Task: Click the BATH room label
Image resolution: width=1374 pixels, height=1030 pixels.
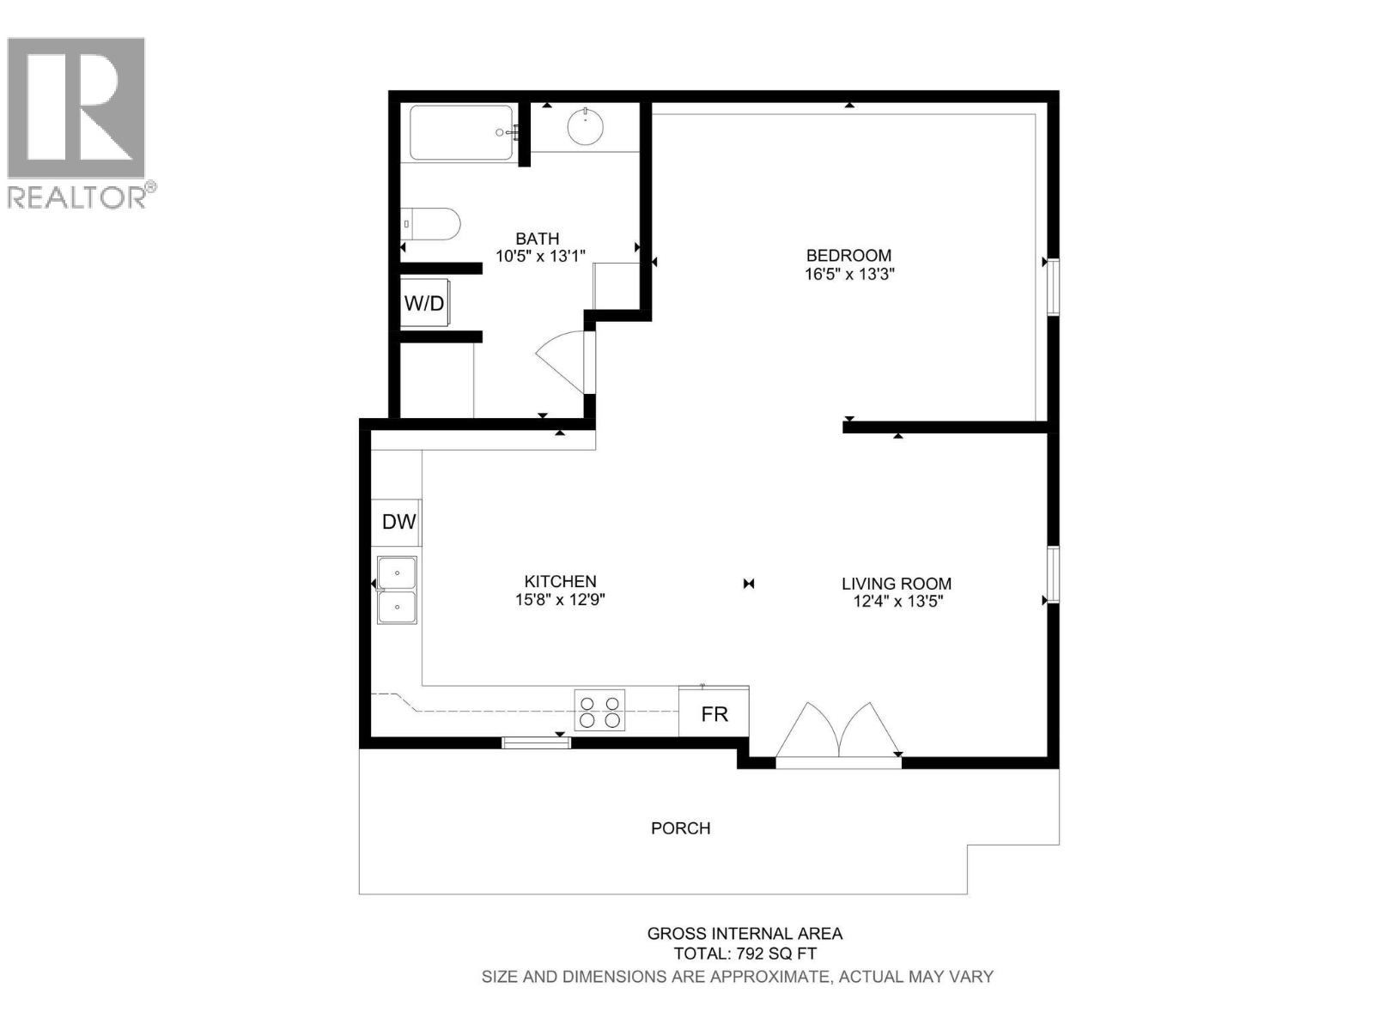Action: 537,239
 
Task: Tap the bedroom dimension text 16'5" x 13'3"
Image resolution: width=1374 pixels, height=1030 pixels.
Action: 848,275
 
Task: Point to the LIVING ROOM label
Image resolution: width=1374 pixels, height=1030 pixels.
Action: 897,584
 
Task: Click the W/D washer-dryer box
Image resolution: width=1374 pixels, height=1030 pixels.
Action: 424,303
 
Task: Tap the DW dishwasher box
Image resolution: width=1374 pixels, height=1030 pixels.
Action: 398,522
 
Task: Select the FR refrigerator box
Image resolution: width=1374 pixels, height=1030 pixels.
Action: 714,713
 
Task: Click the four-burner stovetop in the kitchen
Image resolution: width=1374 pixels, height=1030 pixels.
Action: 599,711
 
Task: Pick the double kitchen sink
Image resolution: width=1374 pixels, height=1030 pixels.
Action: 398,589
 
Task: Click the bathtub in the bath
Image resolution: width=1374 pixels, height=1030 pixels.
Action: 462,133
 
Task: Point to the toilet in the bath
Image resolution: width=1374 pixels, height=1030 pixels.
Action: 432,224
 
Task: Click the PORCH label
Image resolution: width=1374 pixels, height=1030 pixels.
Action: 680,828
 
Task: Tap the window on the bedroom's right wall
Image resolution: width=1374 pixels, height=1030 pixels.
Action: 1053,286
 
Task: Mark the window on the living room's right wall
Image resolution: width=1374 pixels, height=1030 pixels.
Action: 1053,573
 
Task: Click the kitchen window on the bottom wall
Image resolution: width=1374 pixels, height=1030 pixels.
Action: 536,742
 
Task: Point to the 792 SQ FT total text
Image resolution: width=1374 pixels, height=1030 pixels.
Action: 745,954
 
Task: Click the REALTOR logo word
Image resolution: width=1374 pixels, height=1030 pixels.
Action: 77,197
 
